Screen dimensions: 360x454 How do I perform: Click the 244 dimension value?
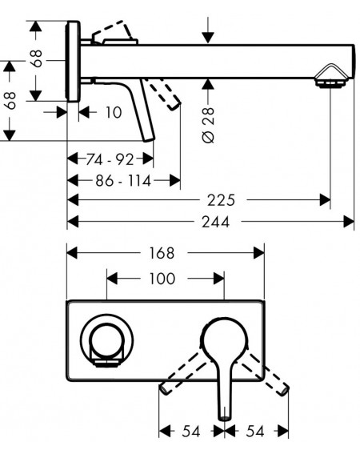(x=215, y=222)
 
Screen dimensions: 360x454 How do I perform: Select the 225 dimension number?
(x=222, y=200)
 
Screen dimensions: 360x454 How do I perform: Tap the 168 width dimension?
(x=162, y=253)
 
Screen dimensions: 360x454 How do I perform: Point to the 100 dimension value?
(x=162, y=279)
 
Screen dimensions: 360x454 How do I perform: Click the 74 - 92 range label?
(x=110, y=159)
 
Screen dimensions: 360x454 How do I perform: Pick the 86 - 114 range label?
(x=123, y=181)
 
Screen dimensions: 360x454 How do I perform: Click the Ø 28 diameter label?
(x=209, y=125)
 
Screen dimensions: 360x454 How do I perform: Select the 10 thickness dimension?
(x=114, y=112)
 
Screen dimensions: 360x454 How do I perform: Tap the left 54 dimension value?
(x=191, y=432)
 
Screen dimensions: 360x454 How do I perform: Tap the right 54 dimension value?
(x=255, y=432)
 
